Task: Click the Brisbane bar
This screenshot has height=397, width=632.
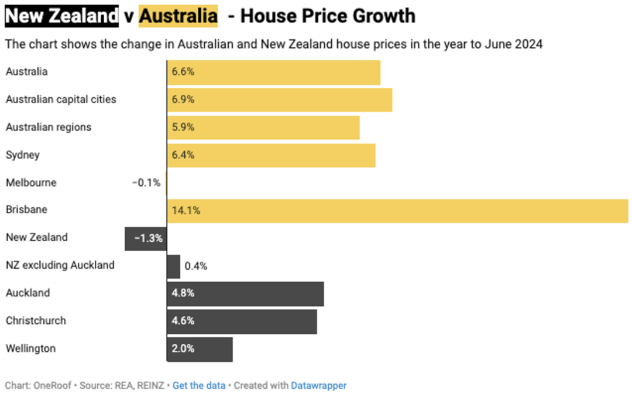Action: click(397, 211)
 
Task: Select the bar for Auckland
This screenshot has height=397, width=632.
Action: click(245, 294)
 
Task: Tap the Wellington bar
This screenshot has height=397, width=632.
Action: click(200, 350)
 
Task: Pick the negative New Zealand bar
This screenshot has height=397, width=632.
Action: click(146, 239)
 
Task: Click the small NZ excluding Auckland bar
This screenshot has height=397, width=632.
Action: click(174, 266)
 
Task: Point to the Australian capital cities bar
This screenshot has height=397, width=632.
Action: click(280, 100)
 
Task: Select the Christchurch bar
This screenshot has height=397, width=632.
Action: click(242, 321)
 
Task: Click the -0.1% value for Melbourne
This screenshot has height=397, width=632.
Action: click(146, 183)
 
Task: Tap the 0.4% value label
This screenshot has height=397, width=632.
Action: click(196, 266)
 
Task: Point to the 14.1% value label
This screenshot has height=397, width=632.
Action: click(186, 211)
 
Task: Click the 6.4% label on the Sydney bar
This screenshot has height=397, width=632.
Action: click(183, 155)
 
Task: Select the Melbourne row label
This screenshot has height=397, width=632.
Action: click(31, 183)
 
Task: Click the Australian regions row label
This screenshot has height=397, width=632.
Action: click(49, 127)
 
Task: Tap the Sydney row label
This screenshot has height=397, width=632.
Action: click(23, 155)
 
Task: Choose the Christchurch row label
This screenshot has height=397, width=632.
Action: click(36, 321)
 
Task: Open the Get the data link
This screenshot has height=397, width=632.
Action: click(199, 386)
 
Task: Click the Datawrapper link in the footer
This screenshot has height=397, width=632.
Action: click(318, 386)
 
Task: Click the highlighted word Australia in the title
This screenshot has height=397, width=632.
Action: click(178, 16)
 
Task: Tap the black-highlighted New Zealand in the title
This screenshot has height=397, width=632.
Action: click(61, 16)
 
